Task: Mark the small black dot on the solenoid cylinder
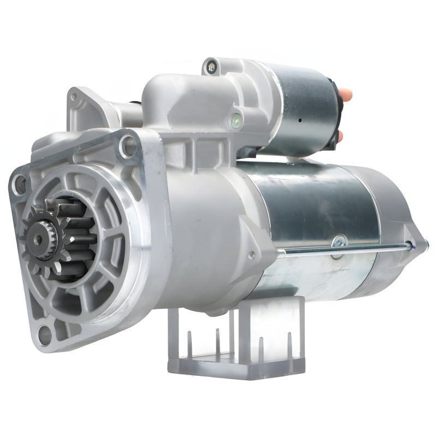(300, 118)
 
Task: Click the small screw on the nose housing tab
(252, 255)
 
